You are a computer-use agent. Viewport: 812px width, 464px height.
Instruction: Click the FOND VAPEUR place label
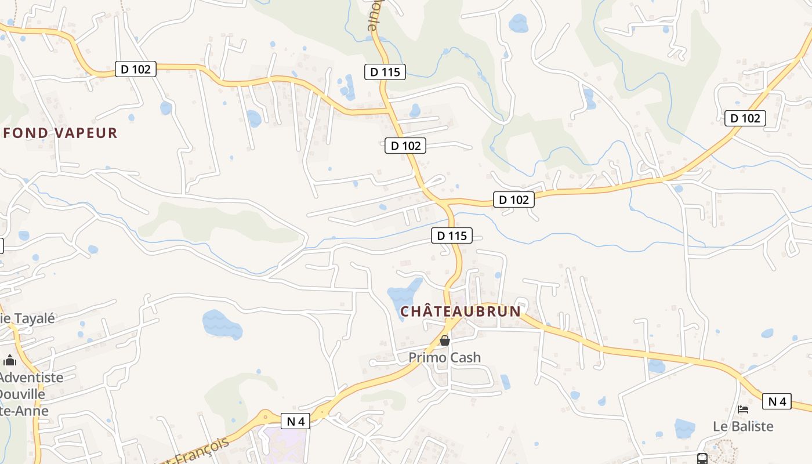60,133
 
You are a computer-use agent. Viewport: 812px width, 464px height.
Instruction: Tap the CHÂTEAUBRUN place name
461,311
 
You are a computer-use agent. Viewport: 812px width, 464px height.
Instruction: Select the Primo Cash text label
445,357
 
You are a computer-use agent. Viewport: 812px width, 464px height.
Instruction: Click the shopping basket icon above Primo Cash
445,340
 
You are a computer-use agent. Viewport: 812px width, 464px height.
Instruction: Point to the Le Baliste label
743,426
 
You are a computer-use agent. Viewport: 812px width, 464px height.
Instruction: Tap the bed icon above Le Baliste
743,409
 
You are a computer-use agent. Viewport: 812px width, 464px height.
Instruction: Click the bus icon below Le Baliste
702,459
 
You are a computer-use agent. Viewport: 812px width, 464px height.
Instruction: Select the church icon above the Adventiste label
10,361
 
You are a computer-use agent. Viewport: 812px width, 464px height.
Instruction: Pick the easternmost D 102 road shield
745,118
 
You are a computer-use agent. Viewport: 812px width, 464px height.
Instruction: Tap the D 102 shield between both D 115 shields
405,146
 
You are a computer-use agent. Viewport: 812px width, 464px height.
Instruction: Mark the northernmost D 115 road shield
385,72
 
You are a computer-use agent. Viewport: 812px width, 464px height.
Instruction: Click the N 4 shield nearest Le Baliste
777,401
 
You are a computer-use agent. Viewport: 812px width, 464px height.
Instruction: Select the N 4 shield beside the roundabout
295,421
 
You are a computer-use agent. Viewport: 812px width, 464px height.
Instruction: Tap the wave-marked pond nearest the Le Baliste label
685,429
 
